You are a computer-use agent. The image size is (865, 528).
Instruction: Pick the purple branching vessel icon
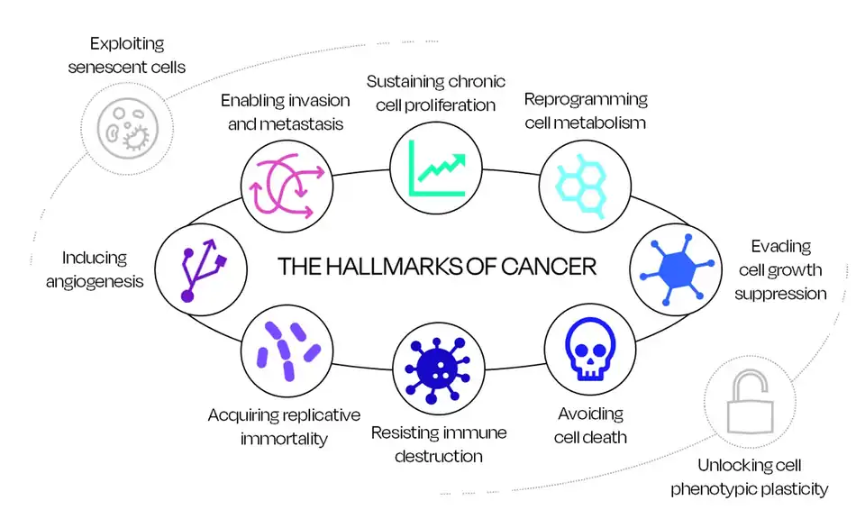tap(201, 269)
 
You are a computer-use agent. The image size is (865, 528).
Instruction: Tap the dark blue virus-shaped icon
tap(436, 369)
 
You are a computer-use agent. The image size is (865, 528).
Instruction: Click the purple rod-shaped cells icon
tap(287, 350)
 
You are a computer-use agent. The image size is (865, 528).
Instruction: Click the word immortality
tap(283, 439)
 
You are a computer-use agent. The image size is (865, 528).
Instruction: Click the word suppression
tap(779, 294)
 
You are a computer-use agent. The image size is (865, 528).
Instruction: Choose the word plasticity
tap(788, 489)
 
